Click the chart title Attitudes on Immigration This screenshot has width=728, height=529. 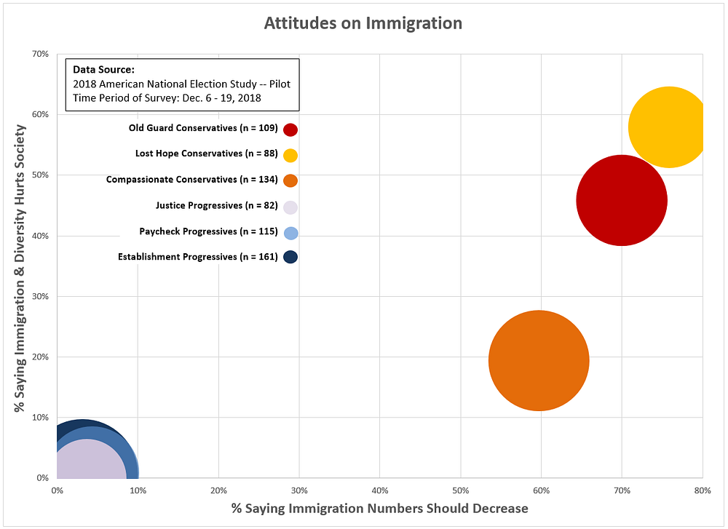click(x=363, y=23)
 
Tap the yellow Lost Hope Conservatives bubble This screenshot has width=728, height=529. click(x=668, y=127)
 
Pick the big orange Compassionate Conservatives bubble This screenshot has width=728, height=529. click(x=539, y=360)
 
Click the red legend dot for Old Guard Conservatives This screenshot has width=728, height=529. click(x=290, y=130)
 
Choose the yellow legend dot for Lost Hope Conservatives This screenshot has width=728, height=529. click(x=290, y=155)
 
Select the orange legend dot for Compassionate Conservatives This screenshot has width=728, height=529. click(x=290, y=180)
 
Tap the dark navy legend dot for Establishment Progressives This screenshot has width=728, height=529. click(x=290, y=257)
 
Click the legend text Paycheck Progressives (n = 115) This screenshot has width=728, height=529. click(x=208, y=231)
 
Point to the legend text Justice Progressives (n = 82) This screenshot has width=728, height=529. click(x=216, y=206)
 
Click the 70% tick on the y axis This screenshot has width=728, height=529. click(x=40, y=54)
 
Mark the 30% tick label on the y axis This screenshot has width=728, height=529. click(x=40, y=296)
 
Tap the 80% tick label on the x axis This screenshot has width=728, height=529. click(x=702, y=491)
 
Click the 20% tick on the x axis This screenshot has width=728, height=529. click(x=218, y=491)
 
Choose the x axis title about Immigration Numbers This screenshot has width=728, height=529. click(x=379, y=508)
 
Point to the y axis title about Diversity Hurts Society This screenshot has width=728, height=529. click(x=20, y=269)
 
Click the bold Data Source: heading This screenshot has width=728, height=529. click(x=103, y=70)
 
